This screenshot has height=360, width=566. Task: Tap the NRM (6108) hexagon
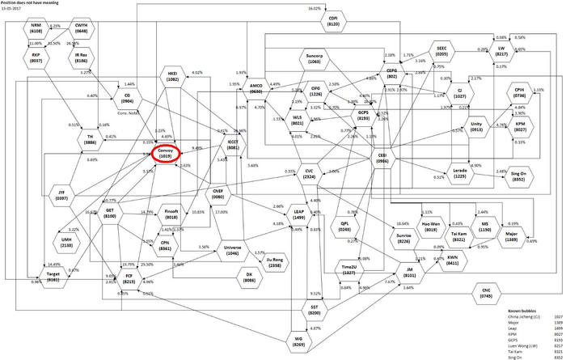pyautogui.click(x=36, y=28)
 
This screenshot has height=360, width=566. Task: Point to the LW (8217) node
pyautogui.click(x=501, y=50)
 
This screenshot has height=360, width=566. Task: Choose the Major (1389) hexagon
pyautogui.click(x=511, y=238)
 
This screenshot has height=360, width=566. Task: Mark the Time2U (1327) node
pyautogui.click(x=349, y=269)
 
